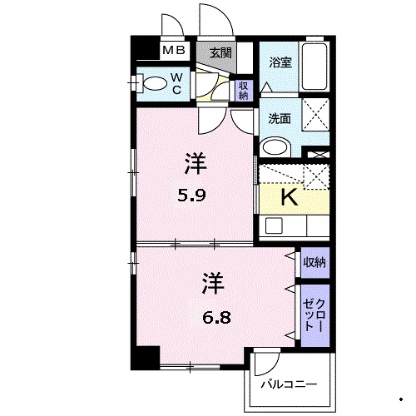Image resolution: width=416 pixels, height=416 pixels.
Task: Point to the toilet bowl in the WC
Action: pos(153,84)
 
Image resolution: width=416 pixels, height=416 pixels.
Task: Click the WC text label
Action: pos(178,84)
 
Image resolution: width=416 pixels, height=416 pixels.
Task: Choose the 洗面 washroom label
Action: pos(279,118)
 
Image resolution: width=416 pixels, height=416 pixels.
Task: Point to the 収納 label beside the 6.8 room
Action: pos(314,262)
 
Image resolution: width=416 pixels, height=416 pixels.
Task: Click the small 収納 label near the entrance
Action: pos(243,90)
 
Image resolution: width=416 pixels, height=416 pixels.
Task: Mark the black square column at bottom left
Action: pos(147,357)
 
